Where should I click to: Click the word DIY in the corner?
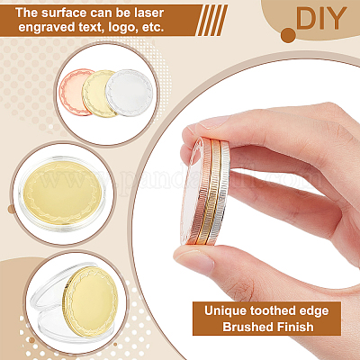click(321, 18)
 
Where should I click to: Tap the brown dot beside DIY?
click(288, 35)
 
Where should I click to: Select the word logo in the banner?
click(125, 27)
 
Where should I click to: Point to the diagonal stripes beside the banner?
click(211, 21)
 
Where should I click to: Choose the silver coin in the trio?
click(130, 93)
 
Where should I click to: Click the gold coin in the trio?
click(96, 94)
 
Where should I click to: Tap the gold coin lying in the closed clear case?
click(62, 193)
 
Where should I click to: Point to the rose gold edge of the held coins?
click(204, 192)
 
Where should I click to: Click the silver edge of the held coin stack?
click(222, 193)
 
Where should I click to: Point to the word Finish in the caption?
click(295, 327)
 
